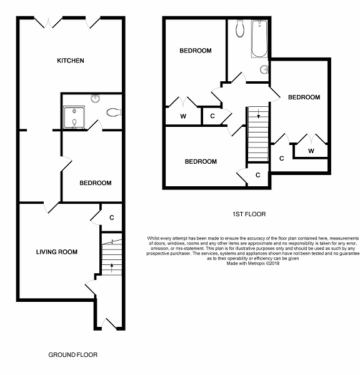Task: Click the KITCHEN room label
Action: (71, 61)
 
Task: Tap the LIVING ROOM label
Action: (57, 252)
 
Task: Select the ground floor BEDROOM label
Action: (96, 183)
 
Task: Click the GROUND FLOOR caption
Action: (73, 354)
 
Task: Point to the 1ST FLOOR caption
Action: (249, 214)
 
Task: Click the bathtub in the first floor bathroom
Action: (259, 39)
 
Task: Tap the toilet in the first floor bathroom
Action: (240, 29)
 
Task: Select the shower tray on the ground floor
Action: (74, 117)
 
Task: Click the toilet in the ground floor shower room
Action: (114, 112)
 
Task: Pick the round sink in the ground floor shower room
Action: (96, 98)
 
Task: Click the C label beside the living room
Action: (112, 217)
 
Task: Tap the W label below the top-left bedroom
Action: (183, 116)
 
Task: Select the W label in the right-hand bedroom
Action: (311, 151)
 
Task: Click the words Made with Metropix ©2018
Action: (253, 264)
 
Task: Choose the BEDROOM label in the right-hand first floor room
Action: (304, 97)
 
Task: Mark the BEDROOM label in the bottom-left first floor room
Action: (201, 162)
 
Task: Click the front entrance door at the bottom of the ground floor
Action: (109, 324)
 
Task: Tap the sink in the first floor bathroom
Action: (264, 69)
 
